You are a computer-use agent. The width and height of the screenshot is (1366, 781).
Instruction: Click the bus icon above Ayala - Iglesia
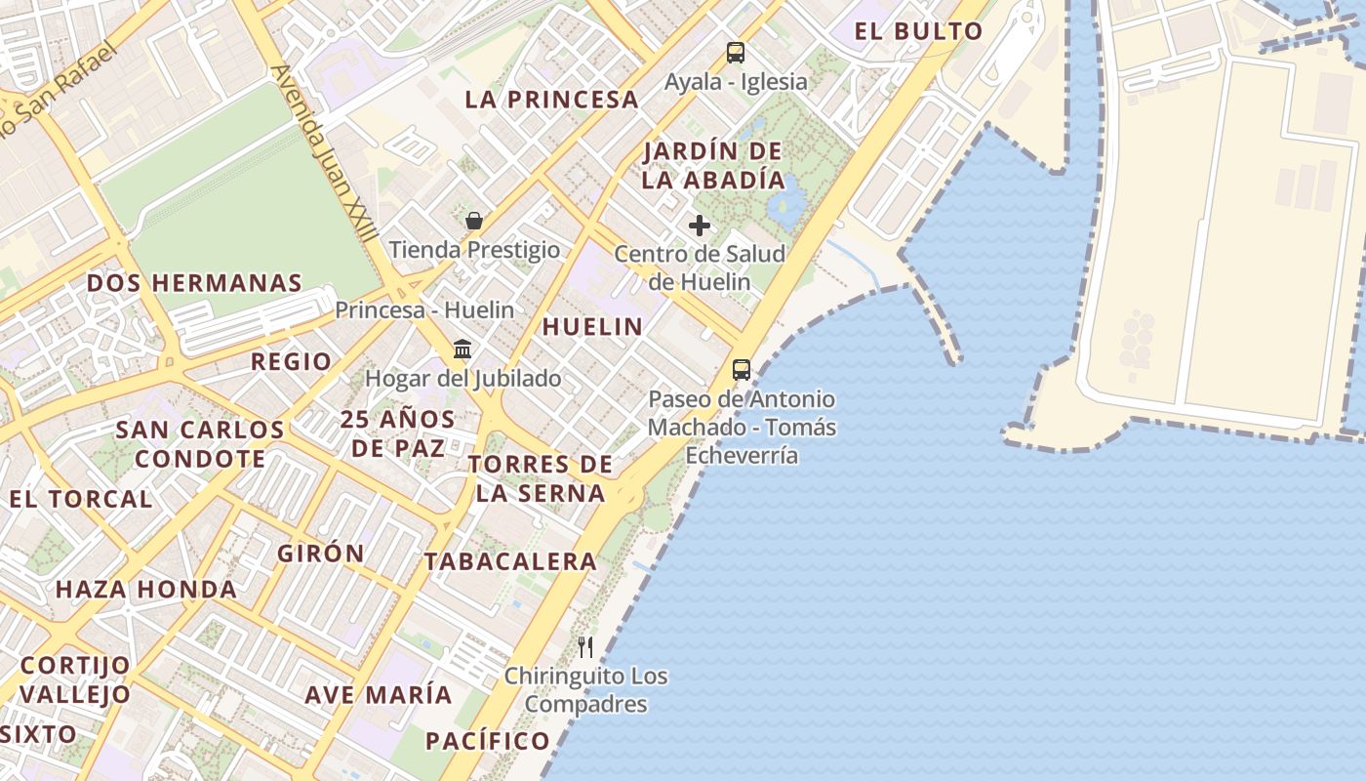[735, 53]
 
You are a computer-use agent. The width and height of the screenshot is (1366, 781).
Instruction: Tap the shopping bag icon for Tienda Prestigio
[474, 221]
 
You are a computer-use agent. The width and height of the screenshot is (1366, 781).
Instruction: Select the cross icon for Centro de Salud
[700, 226]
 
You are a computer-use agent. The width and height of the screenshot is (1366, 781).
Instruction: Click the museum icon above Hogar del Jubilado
[462, 349]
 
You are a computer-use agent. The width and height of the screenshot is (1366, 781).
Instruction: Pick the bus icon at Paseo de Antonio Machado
[742, 370]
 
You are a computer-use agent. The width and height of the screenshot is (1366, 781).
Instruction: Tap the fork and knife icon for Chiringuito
[585, 646]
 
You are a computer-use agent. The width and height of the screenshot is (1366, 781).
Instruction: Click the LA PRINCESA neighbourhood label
[551, 100]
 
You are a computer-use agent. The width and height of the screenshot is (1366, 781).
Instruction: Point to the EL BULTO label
[918, 31]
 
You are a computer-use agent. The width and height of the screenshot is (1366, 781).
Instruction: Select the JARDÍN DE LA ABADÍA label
[713, 166]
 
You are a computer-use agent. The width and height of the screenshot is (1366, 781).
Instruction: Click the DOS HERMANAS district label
[194, 283]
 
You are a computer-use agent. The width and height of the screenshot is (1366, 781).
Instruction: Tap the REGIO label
[291, 361]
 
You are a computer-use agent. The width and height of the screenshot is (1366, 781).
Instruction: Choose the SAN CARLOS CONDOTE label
[200, 444]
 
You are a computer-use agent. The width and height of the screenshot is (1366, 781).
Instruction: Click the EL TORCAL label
[81, 499]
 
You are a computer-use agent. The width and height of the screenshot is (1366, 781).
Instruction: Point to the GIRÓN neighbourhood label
[321, 553]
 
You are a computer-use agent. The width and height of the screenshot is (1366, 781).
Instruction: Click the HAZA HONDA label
[146, 590]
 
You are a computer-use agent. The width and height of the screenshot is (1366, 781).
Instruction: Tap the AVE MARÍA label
[379, 695]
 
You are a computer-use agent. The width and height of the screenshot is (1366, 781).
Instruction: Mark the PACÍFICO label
[488, 741]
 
